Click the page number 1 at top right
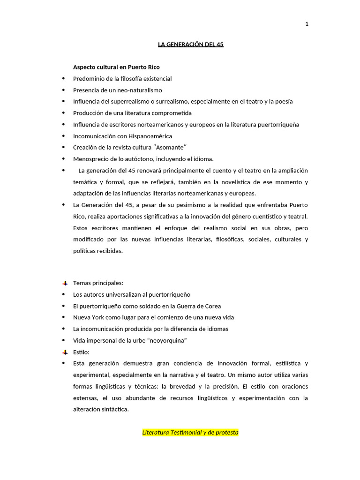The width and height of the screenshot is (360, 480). coord(307,24)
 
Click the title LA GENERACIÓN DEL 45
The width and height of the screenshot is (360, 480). coord(190,45)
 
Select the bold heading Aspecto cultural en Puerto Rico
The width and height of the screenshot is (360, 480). coord(116,67)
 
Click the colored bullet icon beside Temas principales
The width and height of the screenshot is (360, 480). coord(65,283)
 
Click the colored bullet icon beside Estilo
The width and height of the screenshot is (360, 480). coord(65,352)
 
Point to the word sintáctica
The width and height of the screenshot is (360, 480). coord(112,409)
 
